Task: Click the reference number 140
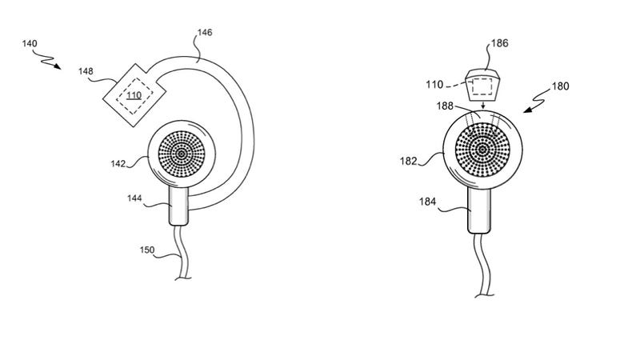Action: (x=30, y=44)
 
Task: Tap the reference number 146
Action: (x=205, y=33)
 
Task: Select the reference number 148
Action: (x=86, y=71)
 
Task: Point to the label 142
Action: (x=118, y=164)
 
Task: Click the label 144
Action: (x=134, y=198)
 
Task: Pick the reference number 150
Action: (x=147, y=250)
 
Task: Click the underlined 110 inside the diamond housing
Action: (x=134, y=95)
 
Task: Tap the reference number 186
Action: (x=499, y=43)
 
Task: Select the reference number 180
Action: (x=561, y=86)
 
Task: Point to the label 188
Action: (x=445, y=106)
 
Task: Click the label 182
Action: (x=408, y=162)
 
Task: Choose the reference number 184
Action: (x=427, y=202)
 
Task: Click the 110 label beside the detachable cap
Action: (x=434, y=85)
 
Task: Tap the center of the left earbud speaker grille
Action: (x=182, y=154)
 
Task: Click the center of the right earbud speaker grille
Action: (x=482, y=150)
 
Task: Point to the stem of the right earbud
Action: (x=479, y=210)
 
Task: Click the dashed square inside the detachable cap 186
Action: (x=482, y=86)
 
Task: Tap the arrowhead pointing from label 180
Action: (x=528, y=110)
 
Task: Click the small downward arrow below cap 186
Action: (x=483, y=106)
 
